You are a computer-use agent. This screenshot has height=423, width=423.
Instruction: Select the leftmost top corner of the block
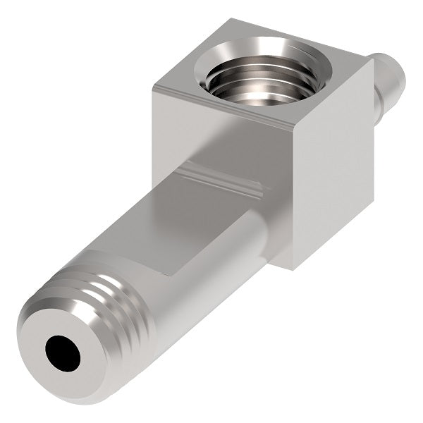(153, 87)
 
